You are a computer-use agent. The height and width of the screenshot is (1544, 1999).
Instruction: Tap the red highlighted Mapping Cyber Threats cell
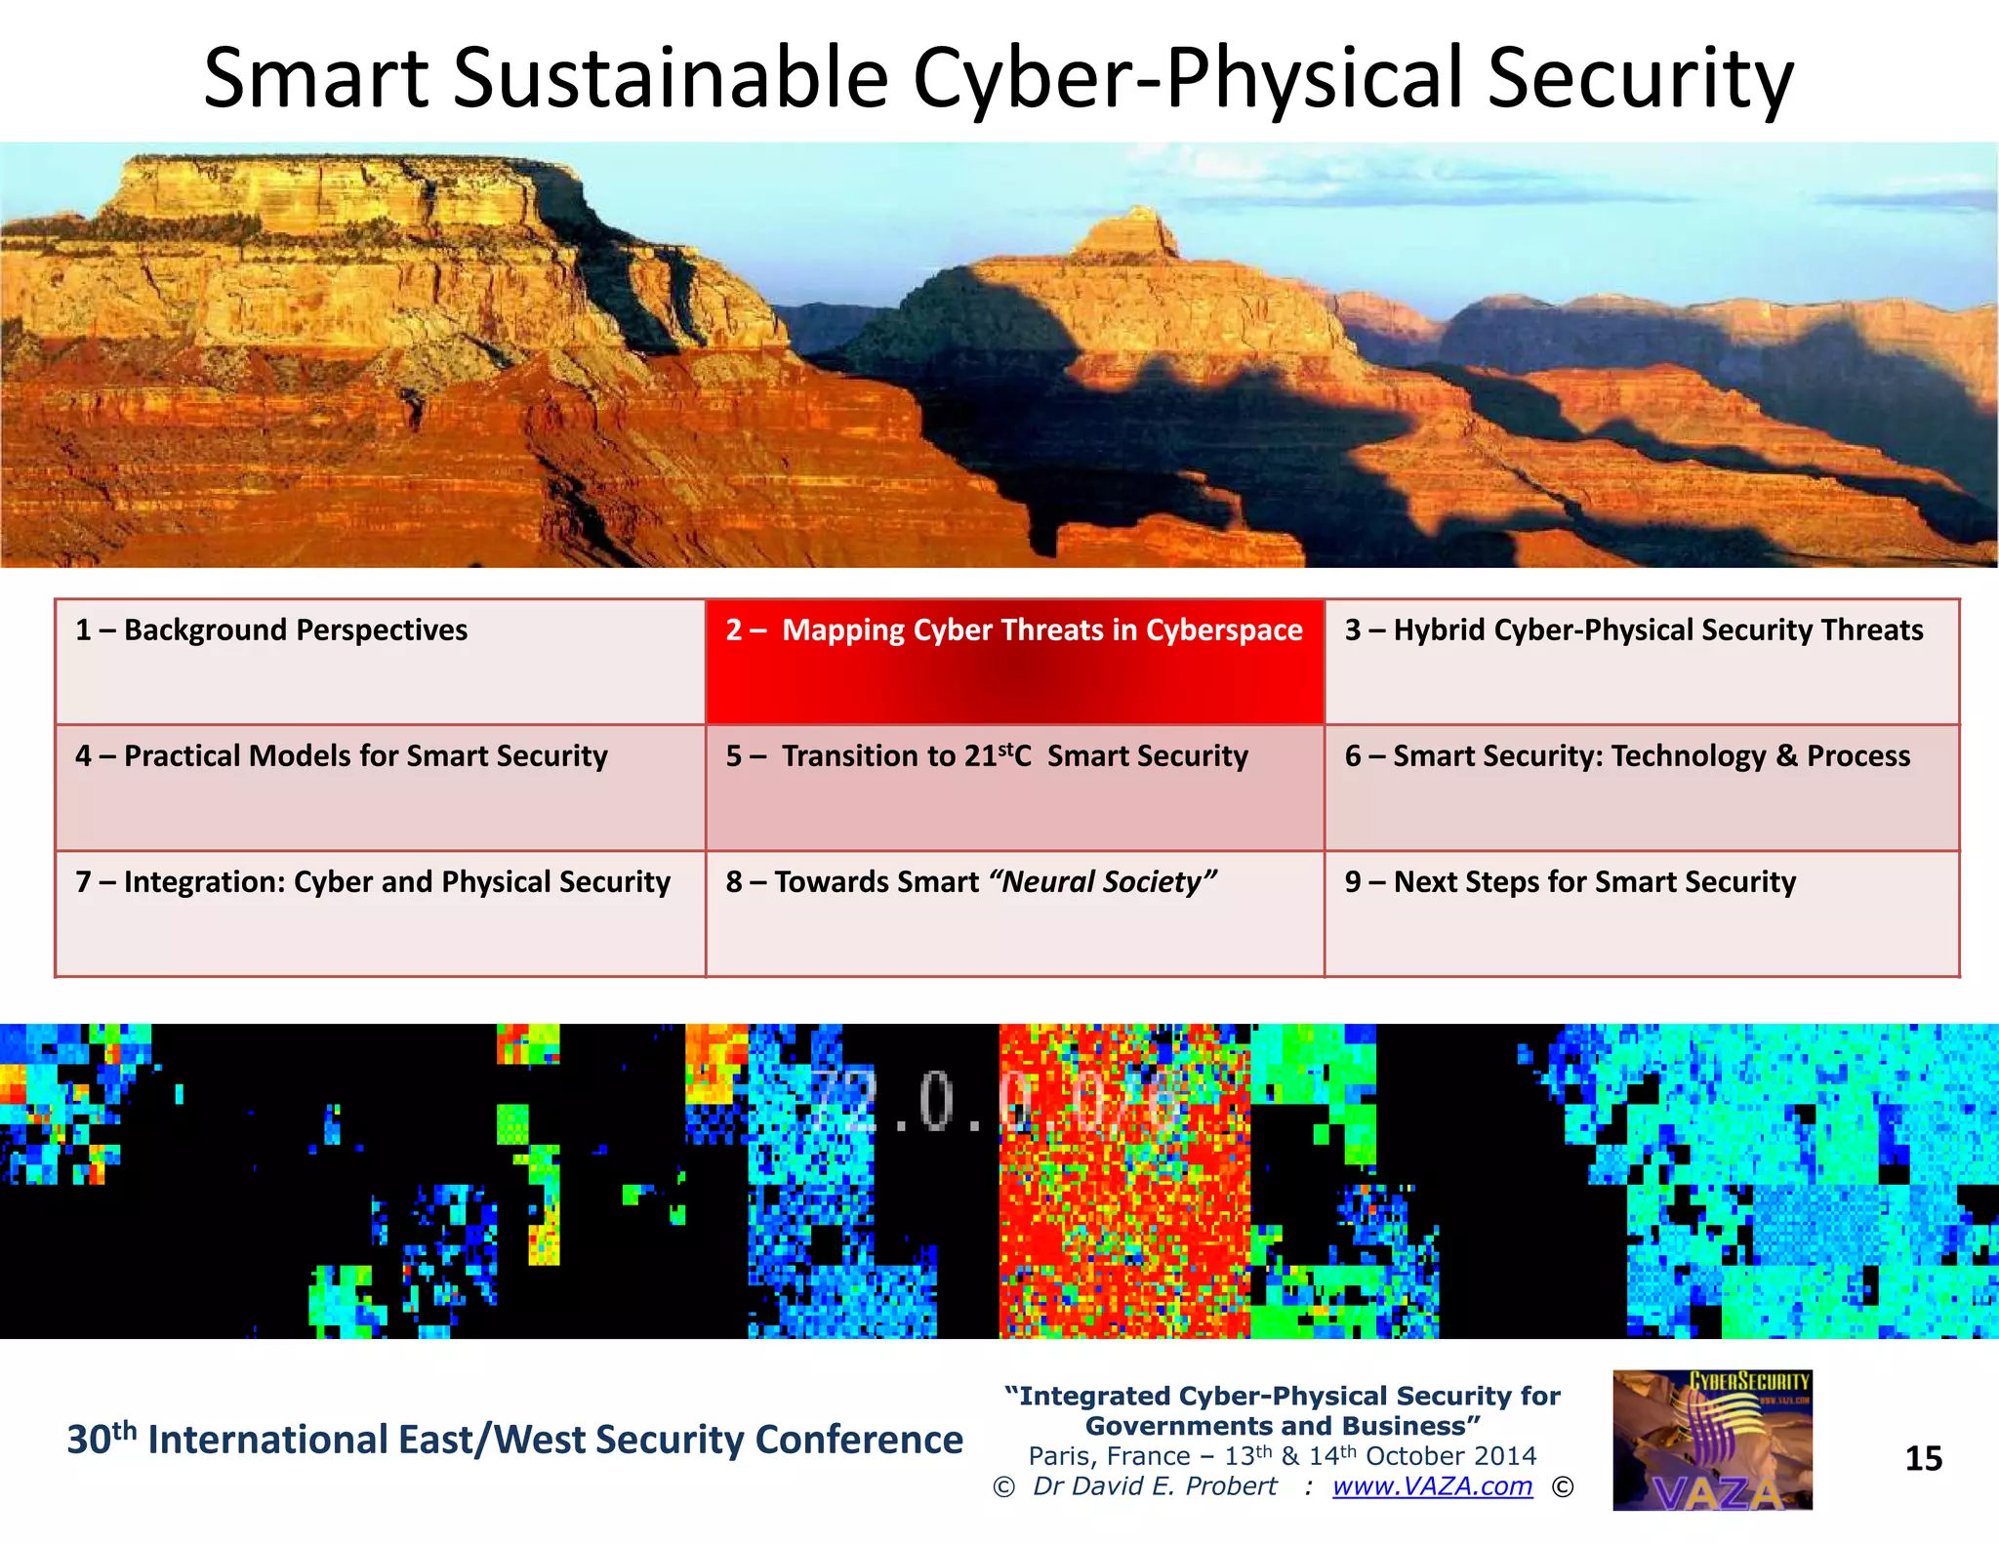[x=1014, y=662]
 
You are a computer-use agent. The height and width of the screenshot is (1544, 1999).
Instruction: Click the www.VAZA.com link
[x=1432, y=1486]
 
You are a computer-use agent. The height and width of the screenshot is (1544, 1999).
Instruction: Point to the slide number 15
[x=1923, y=1459]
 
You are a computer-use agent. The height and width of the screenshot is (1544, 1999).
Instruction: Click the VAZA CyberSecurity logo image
[x=1712, y=1441]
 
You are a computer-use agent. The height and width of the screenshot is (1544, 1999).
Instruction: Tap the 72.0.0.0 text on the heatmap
[x=986, y=1103]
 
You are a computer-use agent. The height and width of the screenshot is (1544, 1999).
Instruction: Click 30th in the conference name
[x=101, y=1440]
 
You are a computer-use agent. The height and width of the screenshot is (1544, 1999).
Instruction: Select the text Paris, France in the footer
[x=1108, y=1456]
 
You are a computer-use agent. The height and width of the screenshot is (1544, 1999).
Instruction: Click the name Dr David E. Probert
[x=1155, y=1486]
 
